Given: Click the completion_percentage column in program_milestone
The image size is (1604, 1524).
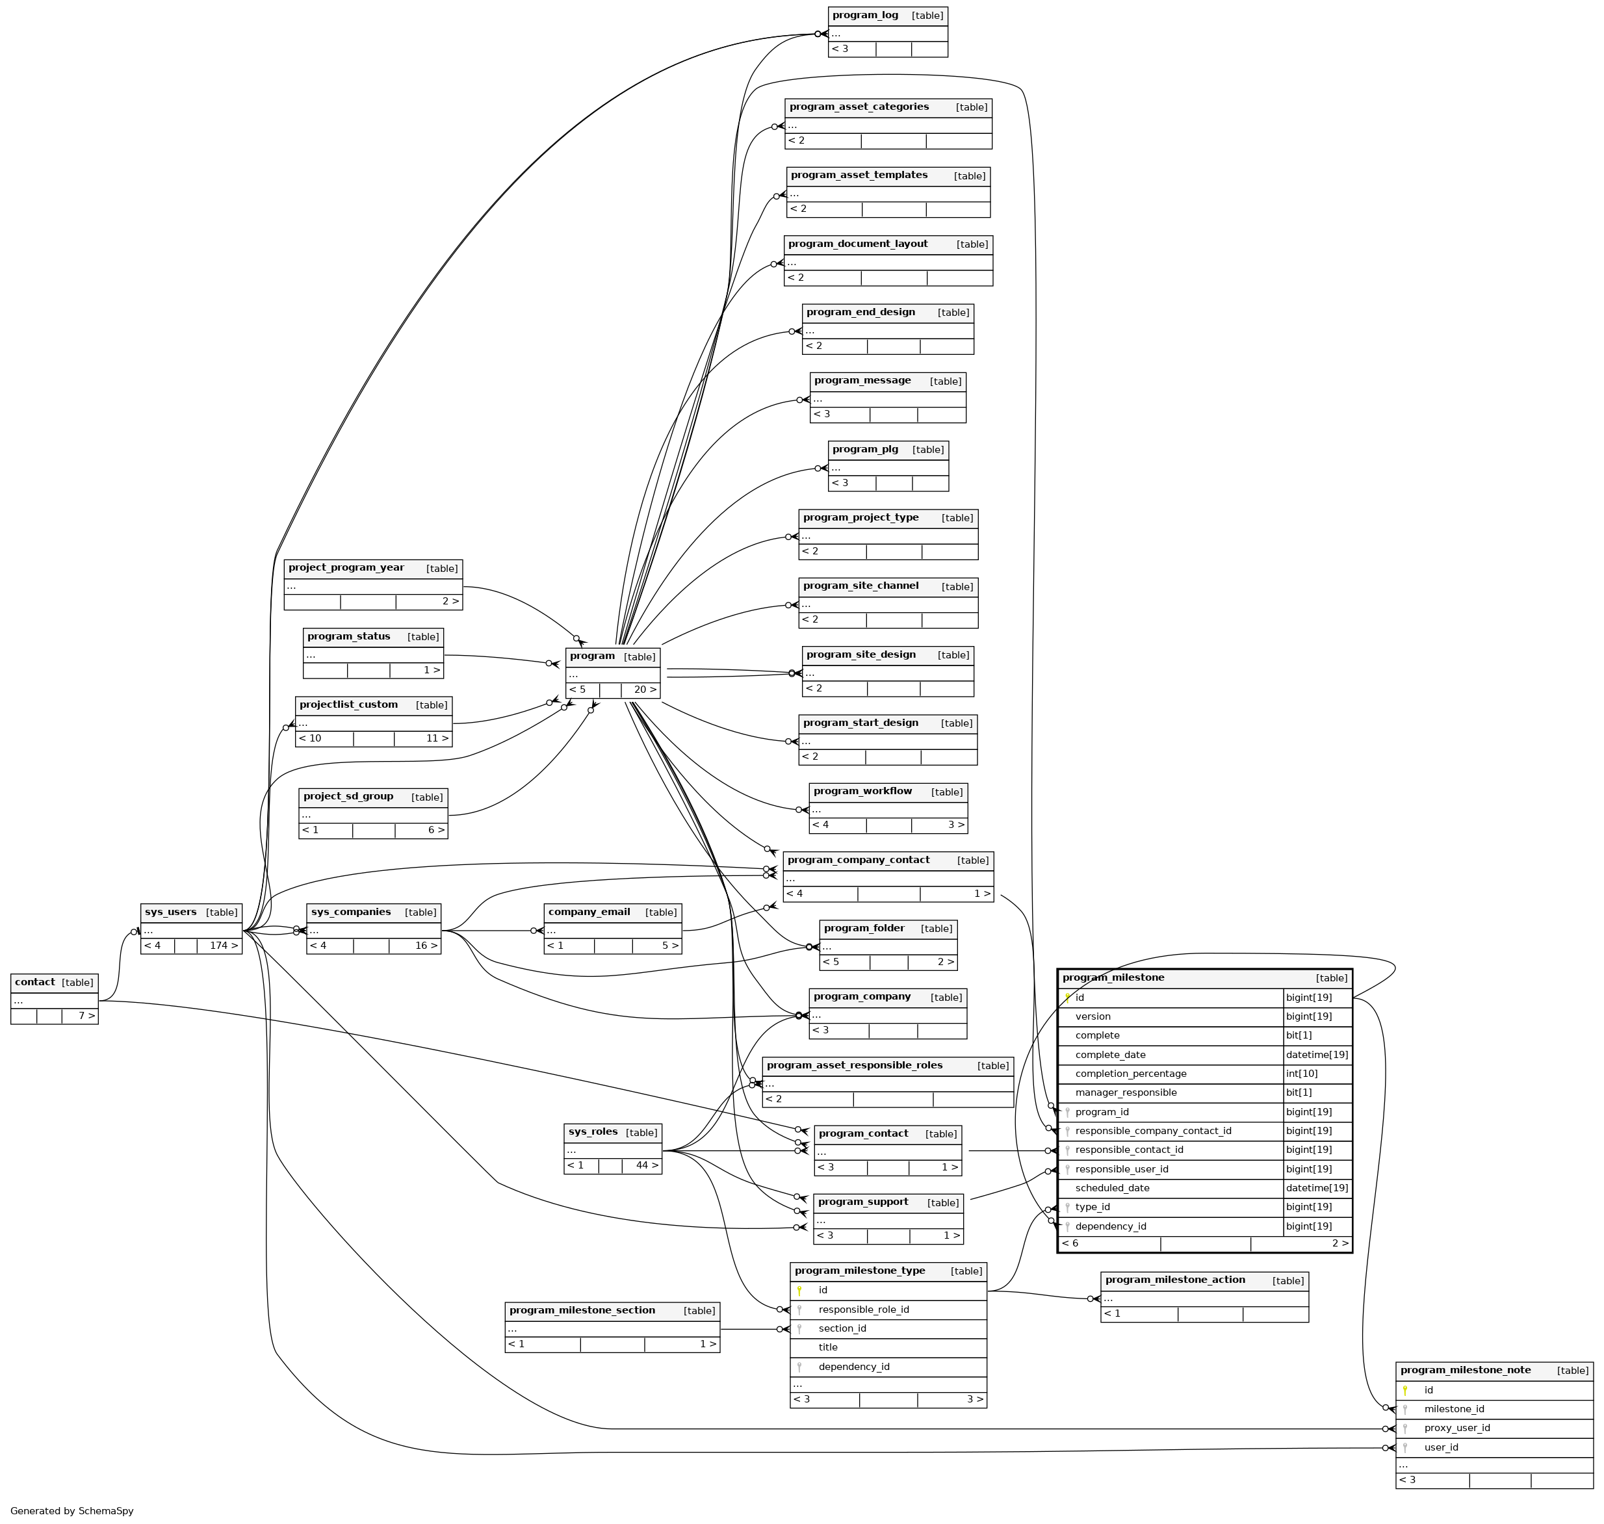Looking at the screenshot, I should click(x=1130, y=1073).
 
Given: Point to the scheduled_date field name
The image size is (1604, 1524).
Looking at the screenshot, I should click(x=1111, y=1188).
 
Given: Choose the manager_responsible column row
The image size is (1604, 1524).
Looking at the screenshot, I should click(x=1126, y=1092).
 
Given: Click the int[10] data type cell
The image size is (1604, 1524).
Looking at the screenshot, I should click(x=1302, y=1073).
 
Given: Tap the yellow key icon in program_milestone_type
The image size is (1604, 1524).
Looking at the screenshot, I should click(x=799, y=1290).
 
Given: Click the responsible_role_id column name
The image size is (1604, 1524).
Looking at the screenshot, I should click(x=864, y=1310).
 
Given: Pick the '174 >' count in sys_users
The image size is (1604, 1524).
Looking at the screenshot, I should click(x=224, y=946).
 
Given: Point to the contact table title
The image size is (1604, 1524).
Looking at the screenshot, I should click(x=35, y=982).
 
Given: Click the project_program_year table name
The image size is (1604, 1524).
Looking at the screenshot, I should click(x=346, y=568).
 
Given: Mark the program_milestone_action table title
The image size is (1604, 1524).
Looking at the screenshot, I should click(x=1175, y=1280).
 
